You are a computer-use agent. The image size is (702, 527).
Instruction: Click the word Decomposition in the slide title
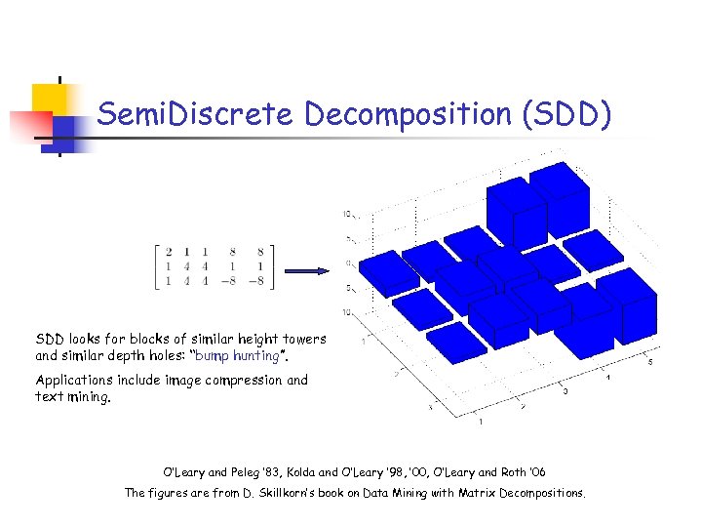pos(409,115)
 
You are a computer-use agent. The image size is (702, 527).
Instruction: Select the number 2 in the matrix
pos(170,252)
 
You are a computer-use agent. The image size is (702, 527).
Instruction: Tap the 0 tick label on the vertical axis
pos(347,263)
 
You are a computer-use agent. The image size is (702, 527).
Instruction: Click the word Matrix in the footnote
pos(473,493)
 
